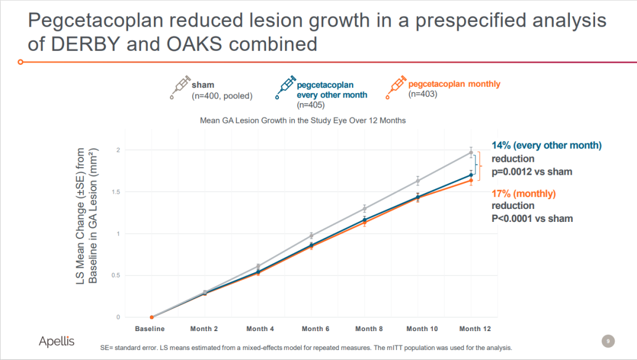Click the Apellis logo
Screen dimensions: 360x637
(x=57, y=341)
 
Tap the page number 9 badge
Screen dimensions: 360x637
(x=608, y=341)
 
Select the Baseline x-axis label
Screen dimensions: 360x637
(x=150, y=329)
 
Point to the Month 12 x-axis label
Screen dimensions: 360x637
(x=474, y=329)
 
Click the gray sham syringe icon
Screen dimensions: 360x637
(x=180, y=87)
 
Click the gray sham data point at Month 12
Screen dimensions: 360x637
(x=471, y=152)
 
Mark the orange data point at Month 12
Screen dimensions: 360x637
(x=471, y=181)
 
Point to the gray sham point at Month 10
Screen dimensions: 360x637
(x=418, y=181)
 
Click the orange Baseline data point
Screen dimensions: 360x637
(x=152, y=318)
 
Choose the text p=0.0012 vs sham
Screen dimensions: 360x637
(x=532, y=172)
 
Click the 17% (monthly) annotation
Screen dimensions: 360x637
(x=524, y=194)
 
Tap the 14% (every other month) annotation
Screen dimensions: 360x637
(x=547, y=146)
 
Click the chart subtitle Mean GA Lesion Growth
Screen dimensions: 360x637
(x=303, y=120)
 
